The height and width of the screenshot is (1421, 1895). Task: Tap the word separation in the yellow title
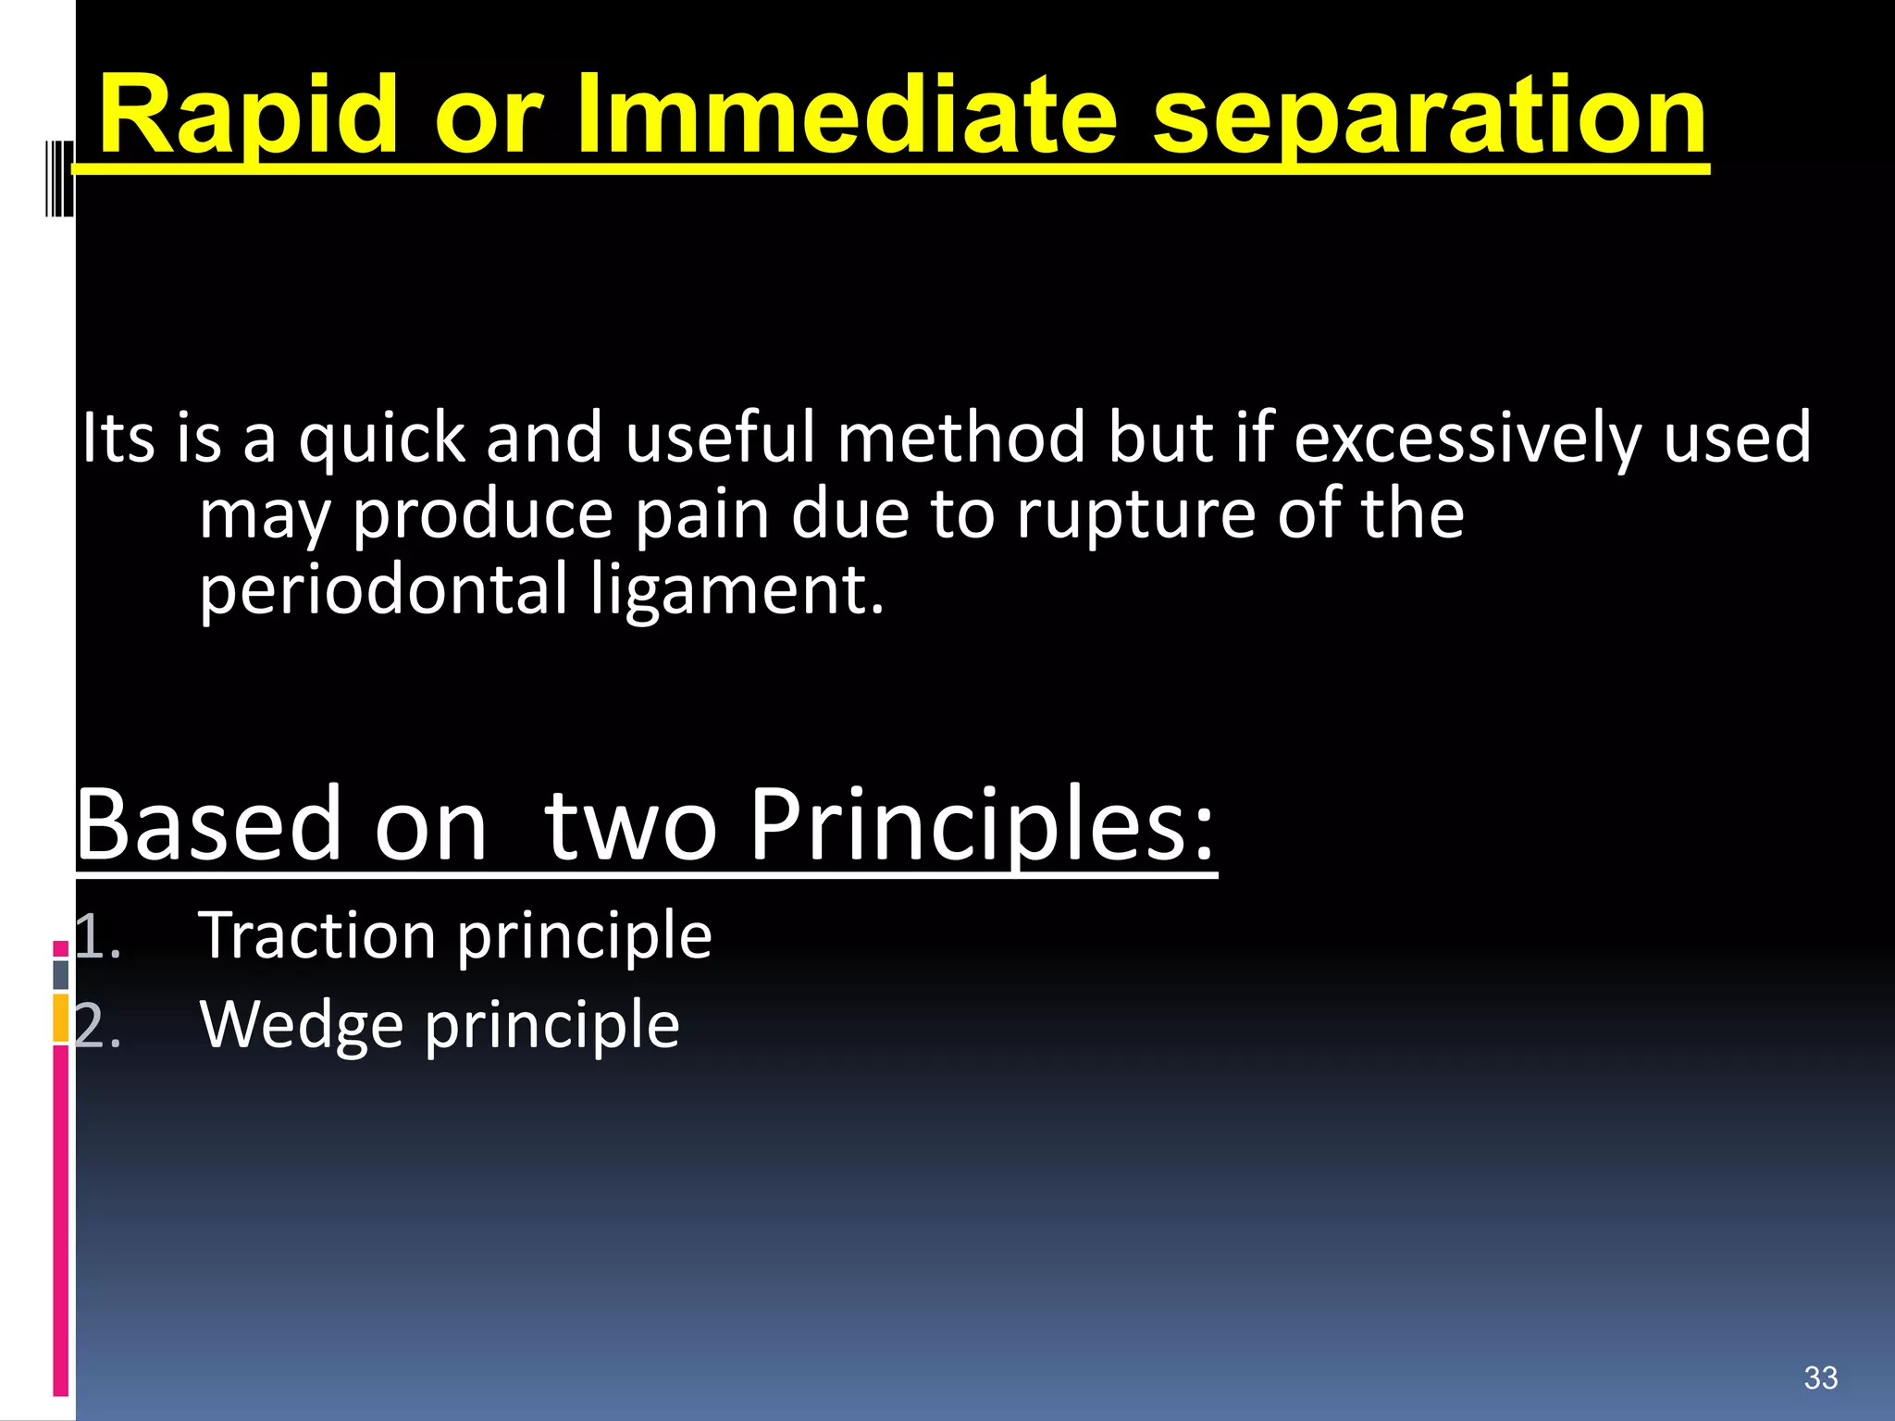pos(1429,118)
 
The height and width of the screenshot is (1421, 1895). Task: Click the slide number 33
pos(1820,1378)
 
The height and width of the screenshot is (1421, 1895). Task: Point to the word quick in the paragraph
pos(381,439)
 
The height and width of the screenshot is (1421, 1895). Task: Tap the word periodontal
pos(383,592)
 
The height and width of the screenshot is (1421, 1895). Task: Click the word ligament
pos(737,592)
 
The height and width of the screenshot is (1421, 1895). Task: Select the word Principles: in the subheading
pos(981,826)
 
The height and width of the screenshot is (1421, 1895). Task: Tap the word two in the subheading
pos(630,825)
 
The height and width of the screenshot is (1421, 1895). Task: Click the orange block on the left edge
pos(61,1018)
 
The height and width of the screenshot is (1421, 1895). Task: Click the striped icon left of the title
pos(59,177)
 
